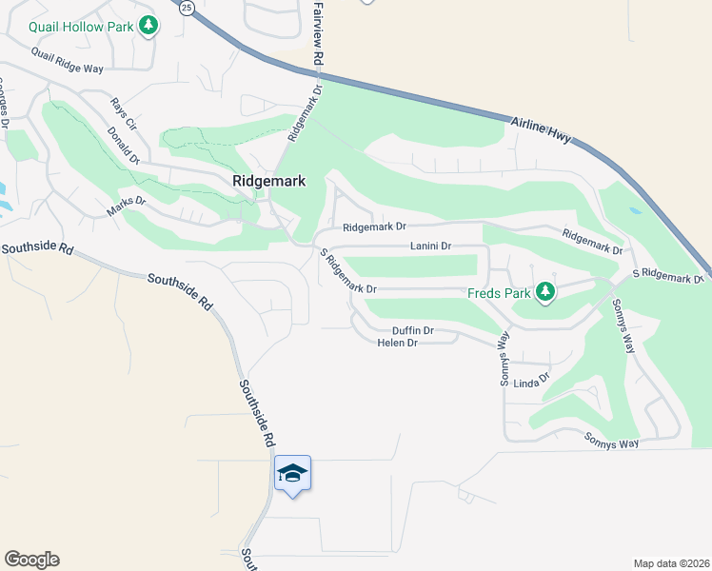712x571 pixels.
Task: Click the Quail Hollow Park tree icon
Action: pos(148,26)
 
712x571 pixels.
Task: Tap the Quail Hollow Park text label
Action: pos(81,27)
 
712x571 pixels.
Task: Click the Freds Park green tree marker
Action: pos(545,291)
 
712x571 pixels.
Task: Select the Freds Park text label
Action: pos(498,293)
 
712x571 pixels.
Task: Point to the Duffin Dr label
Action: pos(413,330)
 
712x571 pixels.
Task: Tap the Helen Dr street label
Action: pos(397,343)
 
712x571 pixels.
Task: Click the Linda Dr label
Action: pos(532,381)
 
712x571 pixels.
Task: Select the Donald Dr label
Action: pos(124,144)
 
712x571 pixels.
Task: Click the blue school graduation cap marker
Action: pos(292,473)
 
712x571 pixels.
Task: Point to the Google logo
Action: pos(31,560)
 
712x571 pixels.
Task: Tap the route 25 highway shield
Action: pos(187,8)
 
